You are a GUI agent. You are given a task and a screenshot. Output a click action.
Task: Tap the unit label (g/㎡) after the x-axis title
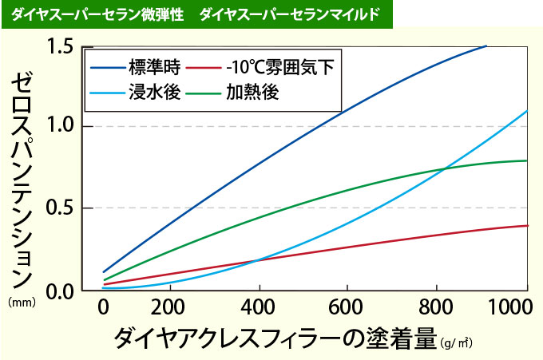(x=456, y=343)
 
